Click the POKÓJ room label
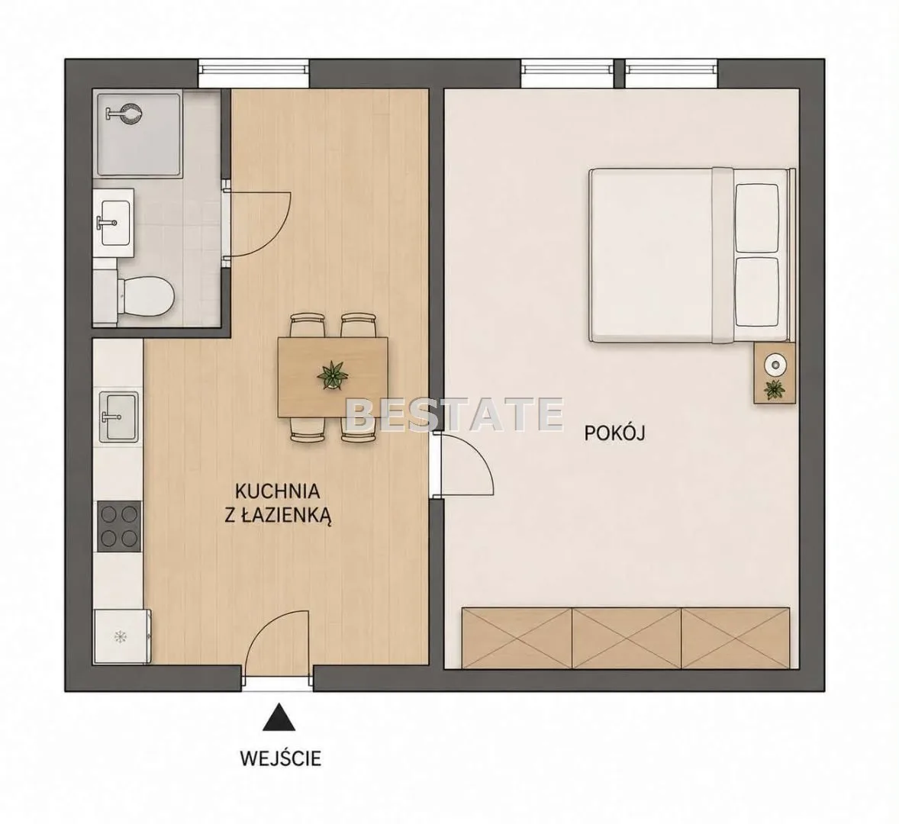tap(614, 433)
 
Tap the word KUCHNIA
tap(277, 491)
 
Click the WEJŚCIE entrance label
tap(280, 758)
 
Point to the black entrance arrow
tap(279, 717)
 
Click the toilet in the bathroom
tap(143, 296)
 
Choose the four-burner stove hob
tap(119, 526)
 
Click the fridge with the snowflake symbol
tap(122, 636)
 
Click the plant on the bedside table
tap(775, 389)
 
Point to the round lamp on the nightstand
tap(775, 363)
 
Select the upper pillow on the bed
tap(756, 217)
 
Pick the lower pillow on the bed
tap(756, 292)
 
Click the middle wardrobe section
tap(627, 638)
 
